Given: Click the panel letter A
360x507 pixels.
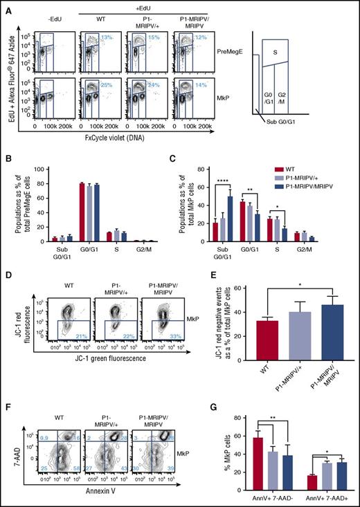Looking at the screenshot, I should coord(6,6).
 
